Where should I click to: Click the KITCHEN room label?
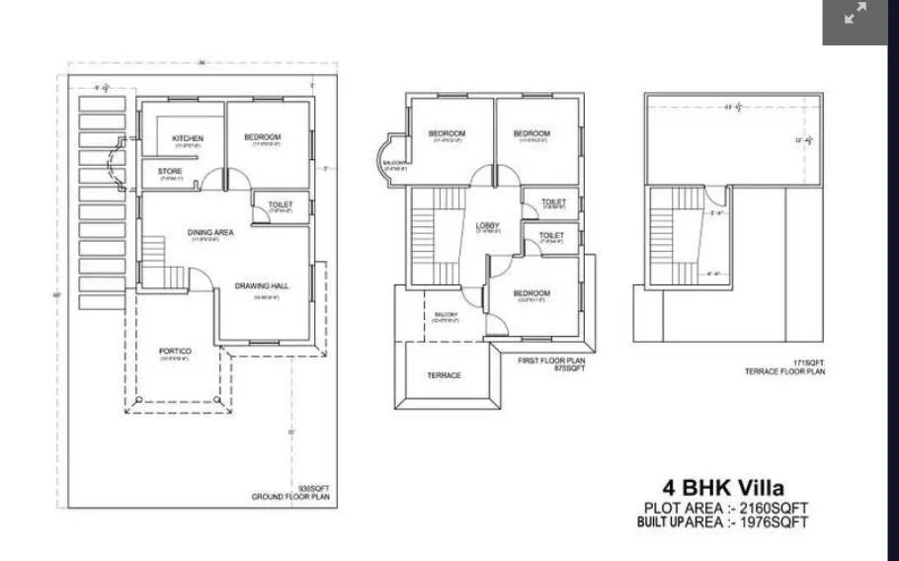[188, 137]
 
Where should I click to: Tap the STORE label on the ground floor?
[170, 172]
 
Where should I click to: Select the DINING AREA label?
[210, 233]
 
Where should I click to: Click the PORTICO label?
[175, 352]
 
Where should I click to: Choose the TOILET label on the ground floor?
[281, 204]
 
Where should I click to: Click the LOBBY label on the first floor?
[488, 225]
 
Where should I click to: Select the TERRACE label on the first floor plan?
[444, 375]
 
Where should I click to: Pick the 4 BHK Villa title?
[723, 487]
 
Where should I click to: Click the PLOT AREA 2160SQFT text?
[725, 508]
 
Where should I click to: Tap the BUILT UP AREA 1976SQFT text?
[722, 521]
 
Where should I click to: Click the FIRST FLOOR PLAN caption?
[551, 361]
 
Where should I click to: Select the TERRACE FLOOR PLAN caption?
[784, 372]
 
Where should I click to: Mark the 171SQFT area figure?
[807, 362]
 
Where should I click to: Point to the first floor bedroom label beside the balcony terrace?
[531, 293]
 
